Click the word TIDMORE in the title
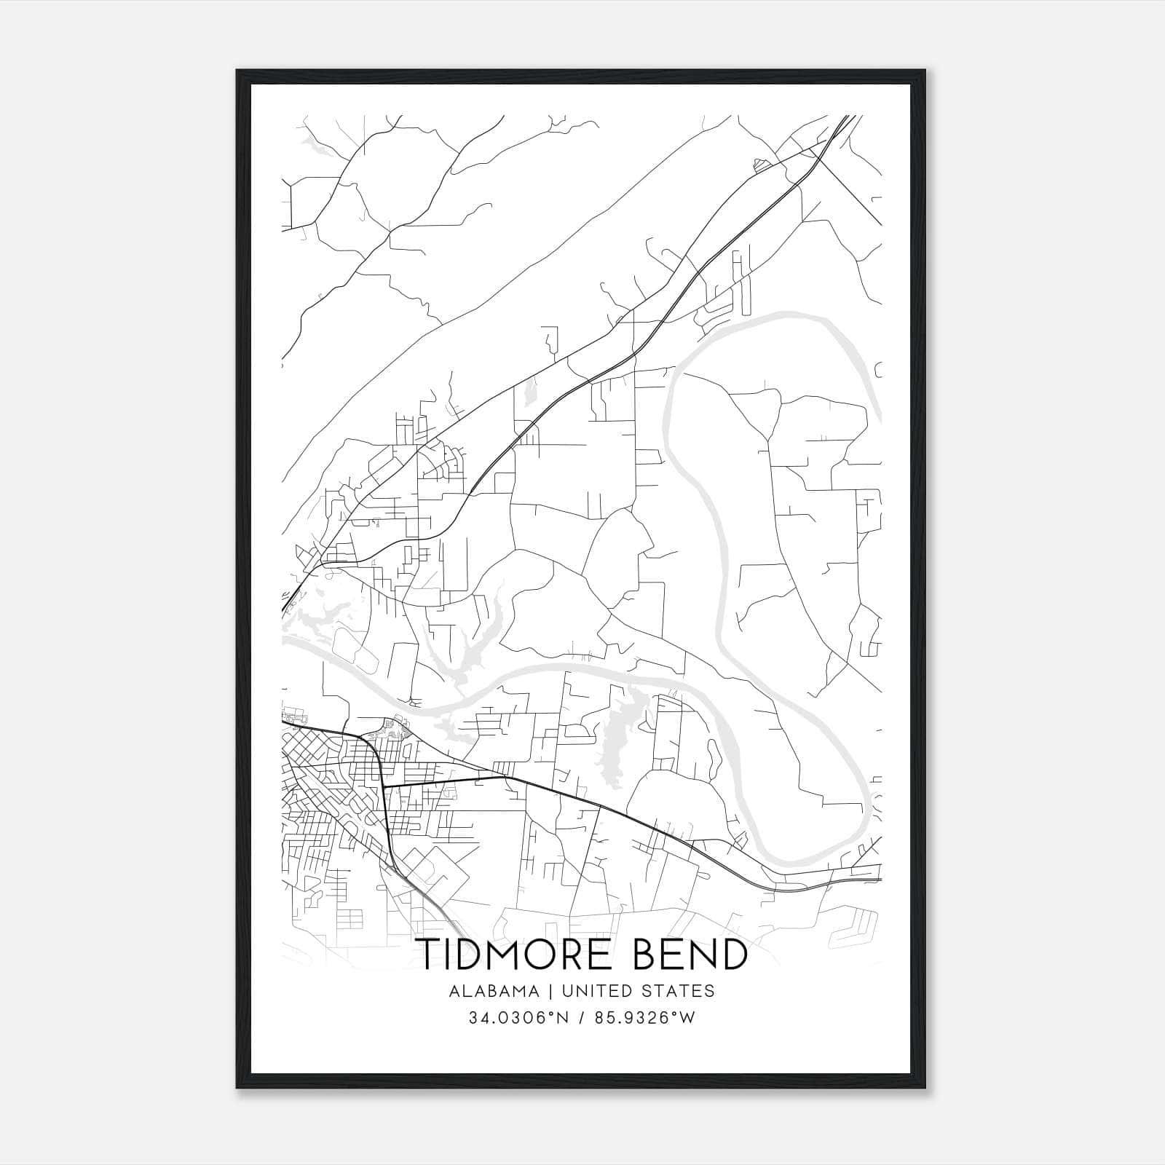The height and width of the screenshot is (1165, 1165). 518,955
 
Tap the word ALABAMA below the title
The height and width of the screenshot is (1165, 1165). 494,991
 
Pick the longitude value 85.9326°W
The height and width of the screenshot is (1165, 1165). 644,1018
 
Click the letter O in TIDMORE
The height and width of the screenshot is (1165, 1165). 543,955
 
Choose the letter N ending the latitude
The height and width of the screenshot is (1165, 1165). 564,1018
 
